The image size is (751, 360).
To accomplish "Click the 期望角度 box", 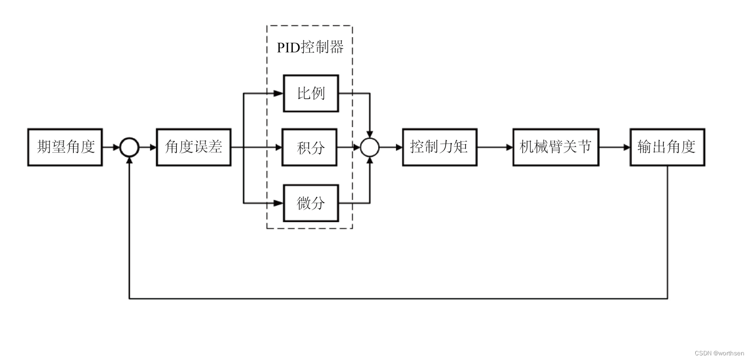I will tap(65, 147).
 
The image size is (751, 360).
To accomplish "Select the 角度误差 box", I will tap(194, 147).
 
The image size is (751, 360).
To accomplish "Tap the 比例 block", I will tap(311, 93).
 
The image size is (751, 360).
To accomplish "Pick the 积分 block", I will tap(310, 148).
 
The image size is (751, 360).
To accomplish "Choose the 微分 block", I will tap(311, 203).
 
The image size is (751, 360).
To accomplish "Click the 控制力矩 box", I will tap(439, 147).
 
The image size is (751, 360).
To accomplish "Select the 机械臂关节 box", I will tap(556, 147).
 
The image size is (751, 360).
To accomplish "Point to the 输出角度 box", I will tap(667, 147).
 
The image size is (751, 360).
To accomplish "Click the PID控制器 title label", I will tap(310, 47).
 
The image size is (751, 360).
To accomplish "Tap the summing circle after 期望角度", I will tap(129, 148).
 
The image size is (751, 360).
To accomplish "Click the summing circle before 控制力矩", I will tap(370, 148).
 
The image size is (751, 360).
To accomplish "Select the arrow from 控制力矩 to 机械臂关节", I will tap(495, 148).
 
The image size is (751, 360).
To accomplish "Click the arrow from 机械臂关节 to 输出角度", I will tap(615, 148).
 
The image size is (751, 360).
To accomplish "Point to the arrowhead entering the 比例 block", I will tap(278, 93).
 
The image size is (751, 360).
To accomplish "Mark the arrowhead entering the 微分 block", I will tap(278, 203).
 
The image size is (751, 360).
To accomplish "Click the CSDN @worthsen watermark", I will tap(719, 353).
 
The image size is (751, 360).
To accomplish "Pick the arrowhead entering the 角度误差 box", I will tap(152, 148).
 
